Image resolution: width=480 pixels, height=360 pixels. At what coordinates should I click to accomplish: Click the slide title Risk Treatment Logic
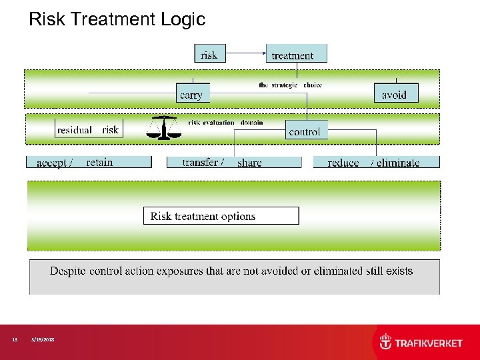(117, 19)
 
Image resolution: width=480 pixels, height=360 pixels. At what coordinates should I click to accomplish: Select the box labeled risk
(209, 54)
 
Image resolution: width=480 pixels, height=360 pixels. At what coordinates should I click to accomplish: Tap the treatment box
(296, 54)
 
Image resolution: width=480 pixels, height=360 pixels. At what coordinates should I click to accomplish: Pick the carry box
(193, 93)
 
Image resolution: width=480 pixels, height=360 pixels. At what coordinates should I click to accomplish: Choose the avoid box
(396, 93)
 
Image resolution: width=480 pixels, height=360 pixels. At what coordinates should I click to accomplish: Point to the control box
(306, 130)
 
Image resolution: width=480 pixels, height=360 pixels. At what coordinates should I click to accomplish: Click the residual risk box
(87, 129)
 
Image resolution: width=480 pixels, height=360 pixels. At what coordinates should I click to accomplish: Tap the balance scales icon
(163, 127)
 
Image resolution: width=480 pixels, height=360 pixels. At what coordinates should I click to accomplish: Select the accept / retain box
(89, 162)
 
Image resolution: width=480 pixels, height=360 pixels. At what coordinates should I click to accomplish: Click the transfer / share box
(241, 162)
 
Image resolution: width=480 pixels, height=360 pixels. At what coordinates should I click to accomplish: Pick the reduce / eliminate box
(376, 162)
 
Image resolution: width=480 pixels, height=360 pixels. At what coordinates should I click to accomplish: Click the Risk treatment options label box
(221, 216)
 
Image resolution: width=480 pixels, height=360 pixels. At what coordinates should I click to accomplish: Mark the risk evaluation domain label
(225, 123)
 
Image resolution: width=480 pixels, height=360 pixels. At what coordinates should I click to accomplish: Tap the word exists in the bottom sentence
(397, 271)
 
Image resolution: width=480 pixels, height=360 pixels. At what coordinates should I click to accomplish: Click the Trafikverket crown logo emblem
(386, 342)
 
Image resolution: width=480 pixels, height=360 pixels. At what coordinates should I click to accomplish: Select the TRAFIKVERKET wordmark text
(429, 343)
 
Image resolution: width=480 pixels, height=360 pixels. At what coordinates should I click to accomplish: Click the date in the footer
(43, 340)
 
